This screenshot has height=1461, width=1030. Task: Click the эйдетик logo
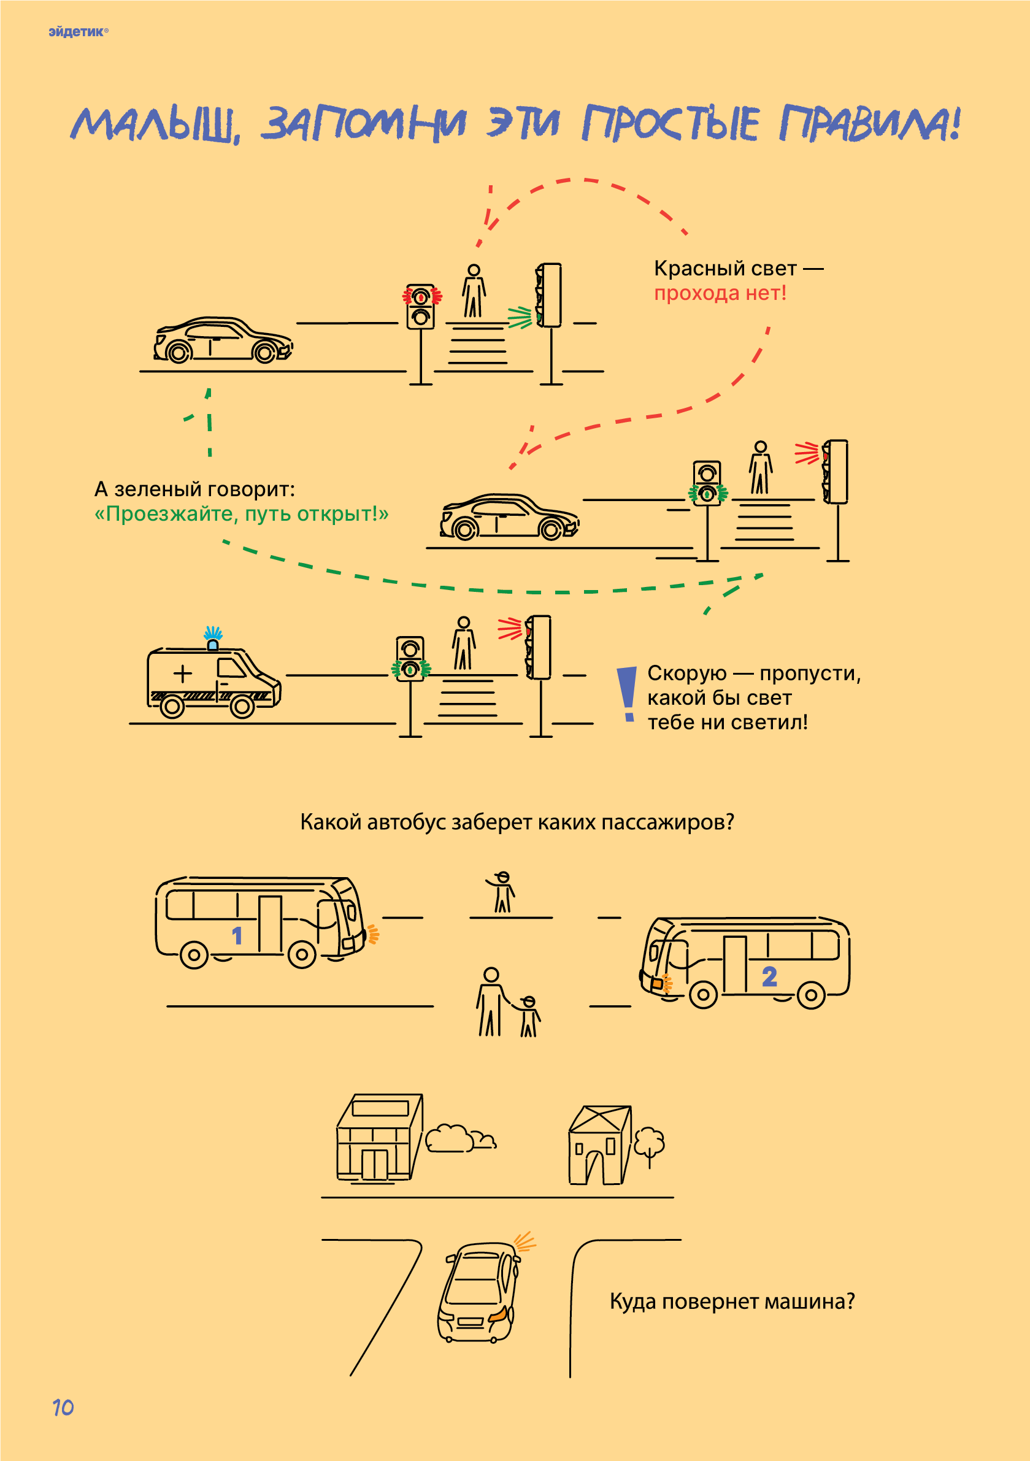[x=78, y=32]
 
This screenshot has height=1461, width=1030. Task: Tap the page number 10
[x=63, y=1407]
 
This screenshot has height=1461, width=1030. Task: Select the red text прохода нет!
[x=720, y=293]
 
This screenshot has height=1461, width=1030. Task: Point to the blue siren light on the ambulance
[x=213, y=638]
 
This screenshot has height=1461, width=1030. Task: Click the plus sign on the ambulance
[x=183, y=673]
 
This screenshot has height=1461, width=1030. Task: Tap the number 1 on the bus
[x=237, y=935]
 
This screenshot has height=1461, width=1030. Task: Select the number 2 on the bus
[x=769, y=976]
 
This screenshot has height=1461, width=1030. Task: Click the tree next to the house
[x=648, y=1143]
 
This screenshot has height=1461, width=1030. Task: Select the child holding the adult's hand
[x=528, y=1016]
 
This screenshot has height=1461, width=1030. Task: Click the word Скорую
[x=686, y=673]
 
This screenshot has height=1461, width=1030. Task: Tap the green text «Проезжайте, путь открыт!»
[x=241, y=513]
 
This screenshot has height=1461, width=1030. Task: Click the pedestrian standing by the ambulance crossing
[x=463, y=643]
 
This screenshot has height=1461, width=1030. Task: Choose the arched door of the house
[x=594, y=1168]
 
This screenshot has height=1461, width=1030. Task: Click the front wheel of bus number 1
[x=302, y=954]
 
